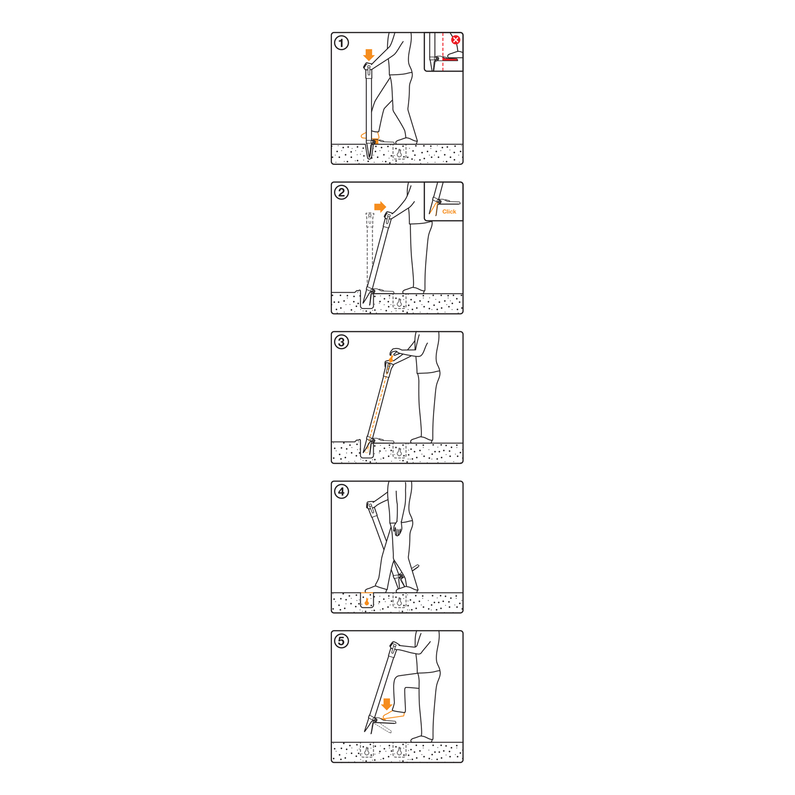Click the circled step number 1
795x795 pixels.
[x=342, y=43]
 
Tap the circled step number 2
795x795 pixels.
[x=342, y=192]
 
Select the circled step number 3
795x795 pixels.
[x=342, y=342]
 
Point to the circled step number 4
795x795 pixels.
[x=342, y=491]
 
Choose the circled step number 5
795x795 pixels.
[x=342, y=641]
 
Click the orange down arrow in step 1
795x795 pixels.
[x=369, y=55]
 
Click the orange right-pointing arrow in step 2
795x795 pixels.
[x=380, y=207]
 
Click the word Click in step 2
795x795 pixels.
[x=449, y=211]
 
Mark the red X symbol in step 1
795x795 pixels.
[x=456, y=40]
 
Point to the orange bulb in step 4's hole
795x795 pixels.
[x=367, y=602]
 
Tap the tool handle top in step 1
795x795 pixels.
[x=368, y=67]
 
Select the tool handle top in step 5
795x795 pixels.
[x=393, y=646]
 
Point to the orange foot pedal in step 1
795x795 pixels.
[x=375, y=142]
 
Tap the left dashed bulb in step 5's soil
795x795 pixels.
[x=367, y=751]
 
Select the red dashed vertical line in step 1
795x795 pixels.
[x=443, y=53]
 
